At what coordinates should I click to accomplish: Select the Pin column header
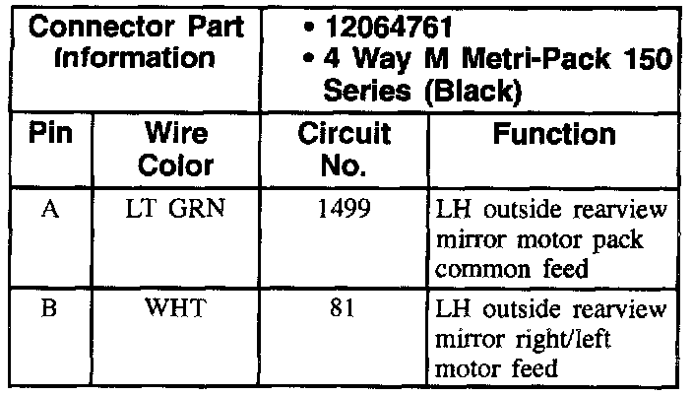pyautogui.click(x=46, y=134)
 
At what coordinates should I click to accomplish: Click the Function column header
pyautogui.click(x=556, y=134)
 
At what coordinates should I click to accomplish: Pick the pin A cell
pyautogui.click(x=46, y=212)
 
